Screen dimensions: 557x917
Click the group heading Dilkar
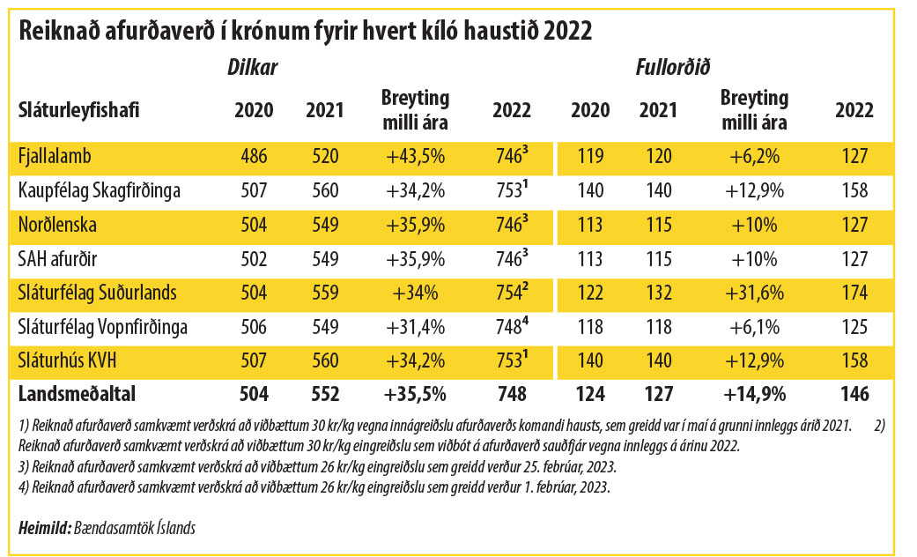254,67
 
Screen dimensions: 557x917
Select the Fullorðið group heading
674,67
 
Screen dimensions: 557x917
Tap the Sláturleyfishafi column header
79,110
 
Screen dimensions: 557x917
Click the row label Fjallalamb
54,157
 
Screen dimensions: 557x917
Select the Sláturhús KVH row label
68,360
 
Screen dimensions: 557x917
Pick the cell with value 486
254,157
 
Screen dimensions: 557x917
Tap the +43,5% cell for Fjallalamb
415,157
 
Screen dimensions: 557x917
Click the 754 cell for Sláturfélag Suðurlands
510,293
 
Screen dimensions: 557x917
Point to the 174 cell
854,293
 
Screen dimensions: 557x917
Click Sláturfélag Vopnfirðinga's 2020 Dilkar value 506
254,327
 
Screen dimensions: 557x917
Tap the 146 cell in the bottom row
854,394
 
